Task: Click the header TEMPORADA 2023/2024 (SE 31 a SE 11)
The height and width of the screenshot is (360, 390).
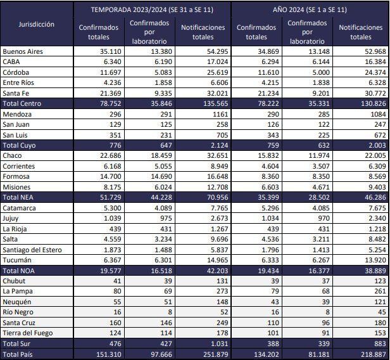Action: pyautogui.click(x=151, y=10)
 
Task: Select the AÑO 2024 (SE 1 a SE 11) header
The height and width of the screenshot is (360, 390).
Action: pyautogui.click(x=310, y=10)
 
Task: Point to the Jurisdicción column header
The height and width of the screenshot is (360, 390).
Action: pyautogui.click(x=36, y=25)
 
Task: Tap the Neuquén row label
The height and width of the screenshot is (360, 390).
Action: pyautogui.click(x=16, y=302)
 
